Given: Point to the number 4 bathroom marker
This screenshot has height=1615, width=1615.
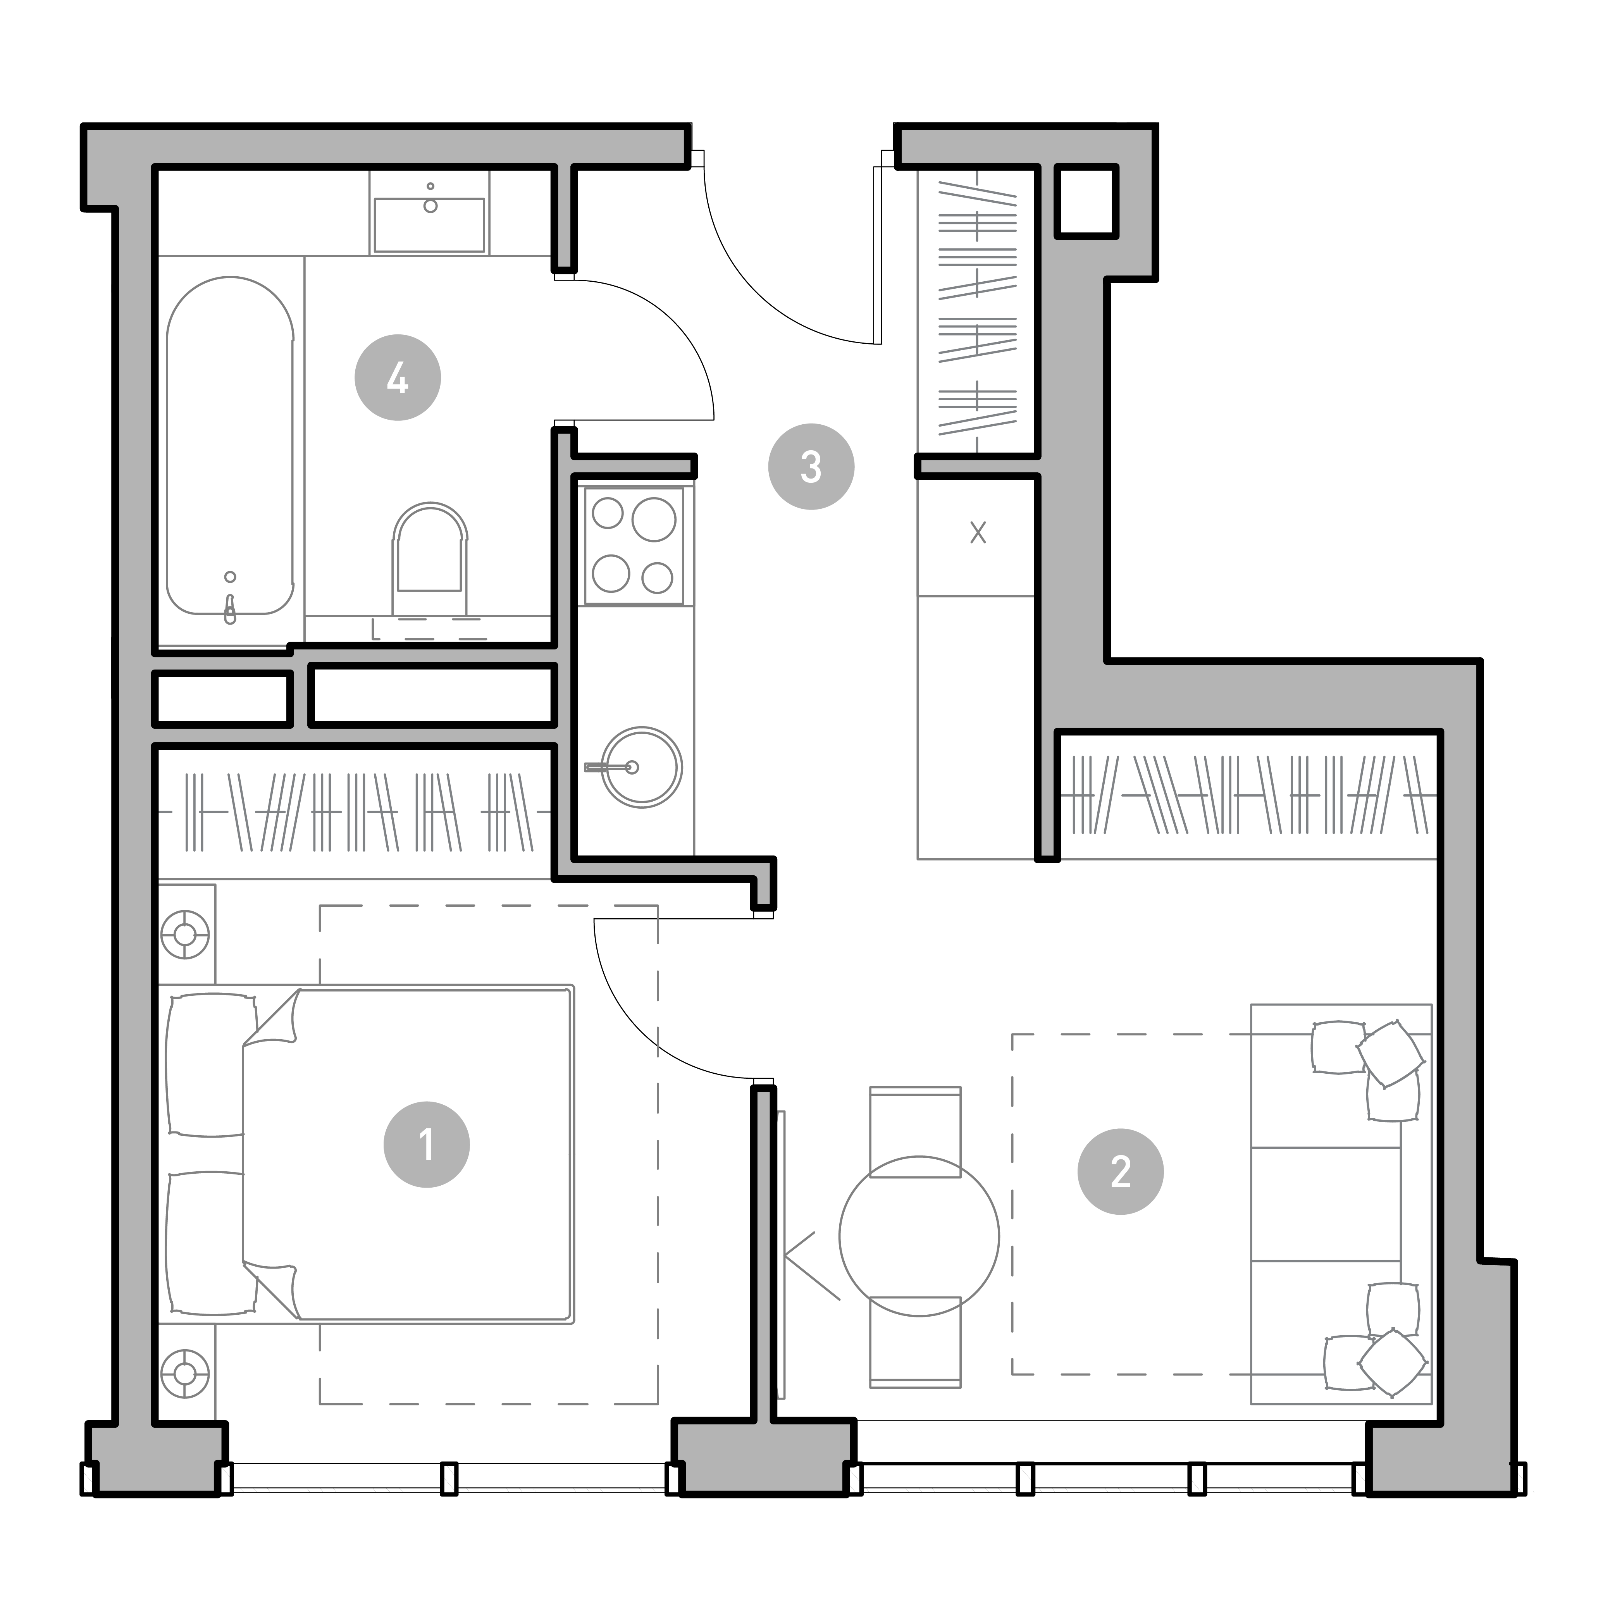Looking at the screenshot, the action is [398, 378].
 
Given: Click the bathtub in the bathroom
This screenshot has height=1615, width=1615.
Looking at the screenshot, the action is [230, 446].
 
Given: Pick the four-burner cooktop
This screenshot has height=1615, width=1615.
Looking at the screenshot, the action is [634, 545].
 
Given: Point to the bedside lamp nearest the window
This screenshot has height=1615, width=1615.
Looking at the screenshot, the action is [185, 1374].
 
